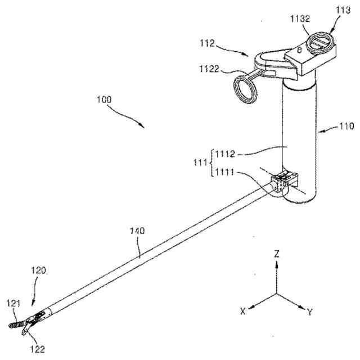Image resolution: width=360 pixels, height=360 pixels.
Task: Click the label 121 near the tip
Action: (13, 304)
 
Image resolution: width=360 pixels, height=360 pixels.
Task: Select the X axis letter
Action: (242, 310)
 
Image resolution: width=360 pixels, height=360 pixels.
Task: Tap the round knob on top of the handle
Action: (319, 43)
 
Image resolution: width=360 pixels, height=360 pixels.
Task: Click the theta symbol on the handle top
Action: (299, 51)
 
